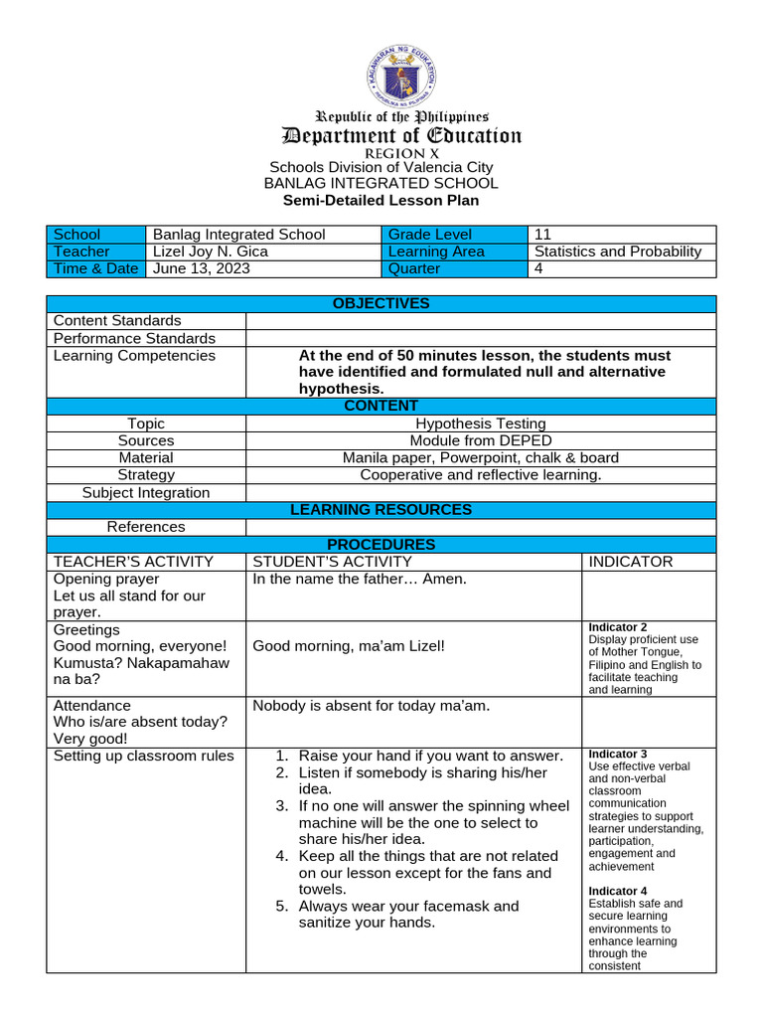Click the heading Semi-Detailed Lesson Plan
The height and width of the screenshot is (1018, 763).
[x=381, y=200]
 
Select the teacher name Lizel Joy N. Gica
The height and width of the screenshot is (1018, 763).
[x=210, y=252]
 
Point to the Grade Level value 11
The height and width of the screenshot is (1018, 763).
[x=542, y=235]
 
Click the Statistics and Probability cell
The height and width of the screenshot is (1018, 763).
[x=618, y=252]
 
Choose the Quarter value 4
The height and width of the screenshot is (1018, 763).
[x=539, y=268]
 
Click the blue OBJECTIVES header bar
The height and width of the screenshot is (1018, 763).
[x=381, y=303]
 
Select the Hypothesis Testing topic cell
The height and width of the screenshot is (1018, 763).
[x=480, y=424]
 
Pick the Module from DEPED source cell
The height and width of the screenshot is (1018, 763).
[x=480, y=440]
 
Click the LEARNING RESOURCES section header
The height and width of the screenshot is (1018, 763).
[x=381, y=510]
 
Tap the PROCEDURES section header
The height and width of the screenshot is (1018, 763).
[x=381, y=545]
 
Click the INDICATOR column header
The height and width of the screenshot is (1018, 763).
[x=631, y=562]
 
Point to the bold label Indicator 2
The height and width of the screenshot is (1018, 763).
[x=618, y=627]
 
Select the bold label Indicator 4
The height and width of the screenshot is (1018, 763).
[x=618, y=891]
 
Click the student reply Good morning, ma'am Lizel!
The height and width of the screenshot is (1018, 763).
[x=349, y=646]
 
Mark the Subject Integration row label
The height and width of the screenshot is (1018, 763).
[x=145, y=492]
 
